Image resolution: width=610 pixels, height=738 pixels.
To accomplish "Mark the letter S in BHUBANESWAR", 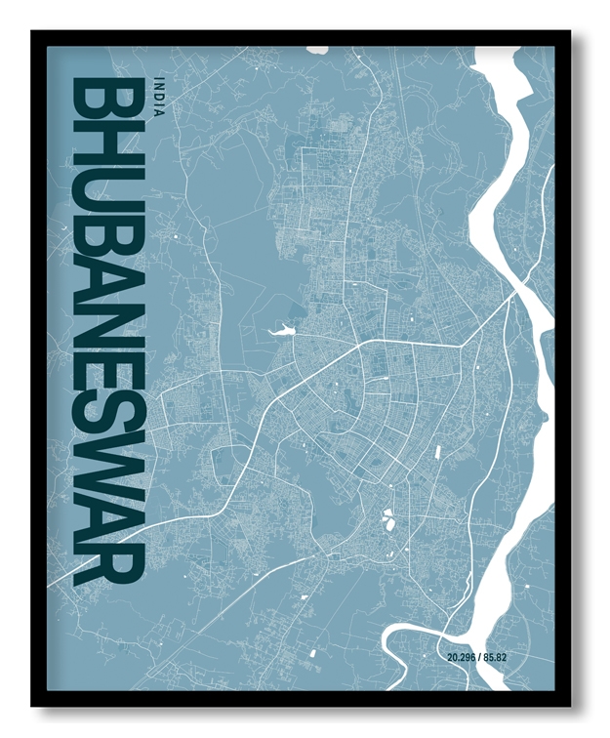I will coord(108,414).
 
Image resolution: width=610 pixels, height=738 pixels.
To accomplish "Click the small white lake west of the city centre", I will coord(279,330).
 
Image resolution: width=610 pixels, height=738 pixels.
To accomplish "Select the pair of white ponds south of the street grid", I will coord(390,519).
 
